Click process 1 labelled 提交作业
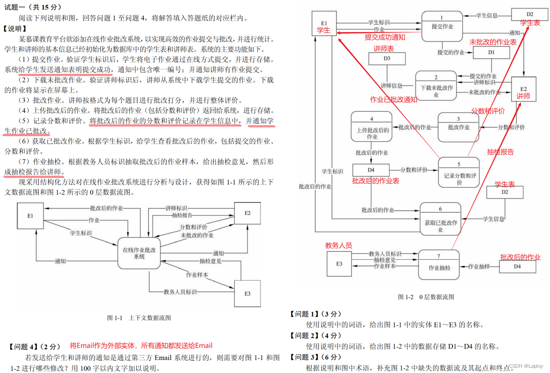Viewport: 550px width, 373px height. [x=442, y=26]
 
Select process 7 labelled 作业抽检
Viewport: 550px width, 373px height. [x=439, y=264]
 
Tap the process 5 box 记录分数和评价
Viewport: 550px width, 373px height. [x=459, y=172]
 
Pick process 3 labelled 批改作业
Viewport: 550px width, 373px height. [x=459, y=127]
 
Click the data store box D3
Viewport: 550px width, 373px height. [x=386, y=59]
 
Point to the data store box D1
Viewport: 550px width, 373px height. [x=491, y=53]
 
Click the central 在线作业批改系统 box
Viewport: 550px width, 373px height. [x=139, y=253]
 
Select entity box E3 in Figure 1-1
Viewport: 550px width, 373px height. [x=248, y=293]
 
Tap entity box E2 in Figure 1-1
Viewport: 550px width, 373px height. [x=248, y=213]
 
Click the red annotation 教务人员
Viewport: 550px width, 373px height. [x=339, y=246]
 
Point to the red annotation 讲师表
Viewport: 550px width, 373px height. [x=384, y=48]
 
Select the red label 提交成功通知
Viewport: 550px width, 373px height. [x=385, y=37]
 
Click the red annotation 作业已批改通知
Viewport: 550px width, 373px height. [x=393, y=99]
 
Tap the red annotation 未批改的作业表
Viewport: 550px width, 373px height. [x=493, y=42]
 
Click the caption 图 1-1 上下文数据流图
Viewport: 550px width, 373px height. [x=139, y=318]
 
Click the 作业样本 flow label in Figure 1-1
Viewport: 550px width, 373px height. [x=197, y=275]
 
